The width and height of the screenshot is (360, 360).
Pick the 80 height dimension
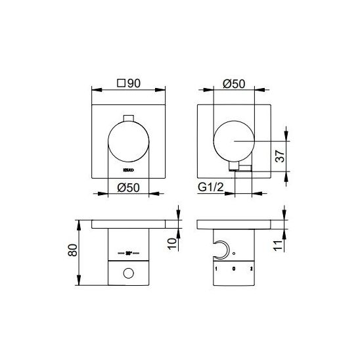(x=72, y=250)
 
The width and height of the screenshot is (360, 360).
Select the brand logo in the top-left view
(x=127, y=169)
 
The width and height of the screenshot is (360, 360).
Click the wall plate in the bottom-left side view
(x=127, y=224)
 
